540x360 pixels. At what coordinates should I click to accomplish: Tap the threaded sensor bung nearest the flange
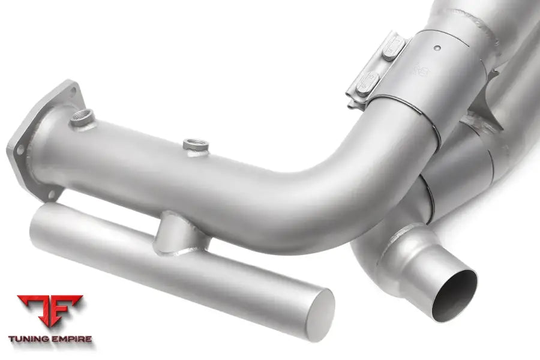(82, 116)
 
